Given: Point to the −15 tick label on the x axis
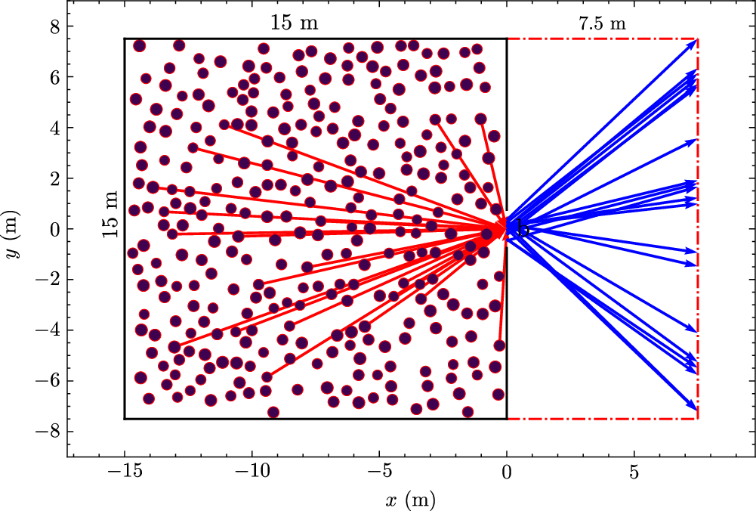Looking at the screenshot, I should point(124,473).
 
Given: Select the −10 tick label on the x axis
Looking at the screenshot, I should point(251,473).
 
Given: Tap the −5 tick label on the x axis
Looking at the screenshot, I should point(379,473).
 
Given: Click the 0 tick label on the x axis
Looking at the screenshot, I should point(507,473).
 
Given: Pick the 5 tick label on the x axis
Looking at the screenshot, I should point(634,473).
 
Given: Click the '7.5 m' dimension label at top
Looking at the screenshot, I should point(602,23).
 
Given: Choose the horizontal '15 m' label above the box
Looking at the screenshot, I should point(295,23).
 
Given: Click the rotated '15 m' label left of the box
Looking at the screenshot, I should point(111,215).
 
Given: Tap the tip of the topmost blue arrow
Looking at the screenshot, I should point(696,41).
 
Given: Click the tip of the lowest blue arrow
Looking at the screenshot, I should point(696,410).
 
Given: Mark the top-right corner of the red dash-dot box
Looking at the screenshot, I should point(698,39).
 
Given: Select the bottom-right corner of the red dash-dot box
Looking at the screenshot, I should point(698,418).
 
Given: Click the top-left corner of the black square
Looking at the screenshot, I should point(125,39).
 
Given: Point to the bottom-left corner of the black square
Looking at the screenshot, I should point(125,418).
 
